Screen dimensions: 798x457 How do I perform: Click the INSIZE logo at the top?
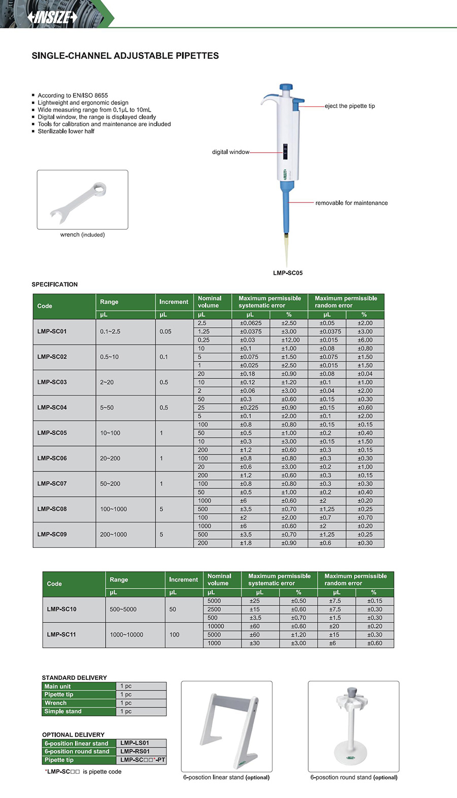click(x=53, y=17)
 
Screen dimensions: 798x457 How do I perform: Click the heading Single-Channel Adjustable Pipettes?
click(x=125, y=56)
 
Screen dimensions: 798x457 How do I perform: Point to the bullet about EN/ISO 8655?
click(x=73, y=95)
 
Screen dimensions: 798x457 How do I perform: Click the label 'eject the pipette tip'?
click(x=350, y=106)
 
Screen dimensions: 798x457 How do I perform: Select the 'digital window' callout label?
click(x=231, y=152)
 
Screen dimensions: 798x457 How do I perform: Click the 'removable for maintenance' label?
click(x=351, y=203)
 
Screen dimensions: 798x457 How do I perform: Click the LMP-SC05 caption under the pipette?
click(x=287, y=273)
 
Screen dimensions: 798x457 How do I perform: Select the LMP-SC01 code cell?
click(x=52, y=332)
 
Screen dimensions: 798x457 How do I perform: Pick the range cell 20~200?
click(x=110, y=459)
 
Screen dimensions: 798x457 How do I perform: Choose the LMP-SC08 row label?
click(x=52, y=509)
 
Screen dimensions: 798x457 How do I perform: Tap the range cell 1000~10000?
click(x=126, y=635)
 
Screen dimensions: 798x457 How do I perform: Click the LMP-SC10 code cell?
click(x=61, y=609)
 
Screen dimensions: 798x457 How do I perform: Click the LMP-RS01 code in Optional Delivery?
click(x=135, y=751)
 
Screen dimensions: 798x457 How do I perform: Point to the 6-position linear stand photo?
click(x=227, y=726)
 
